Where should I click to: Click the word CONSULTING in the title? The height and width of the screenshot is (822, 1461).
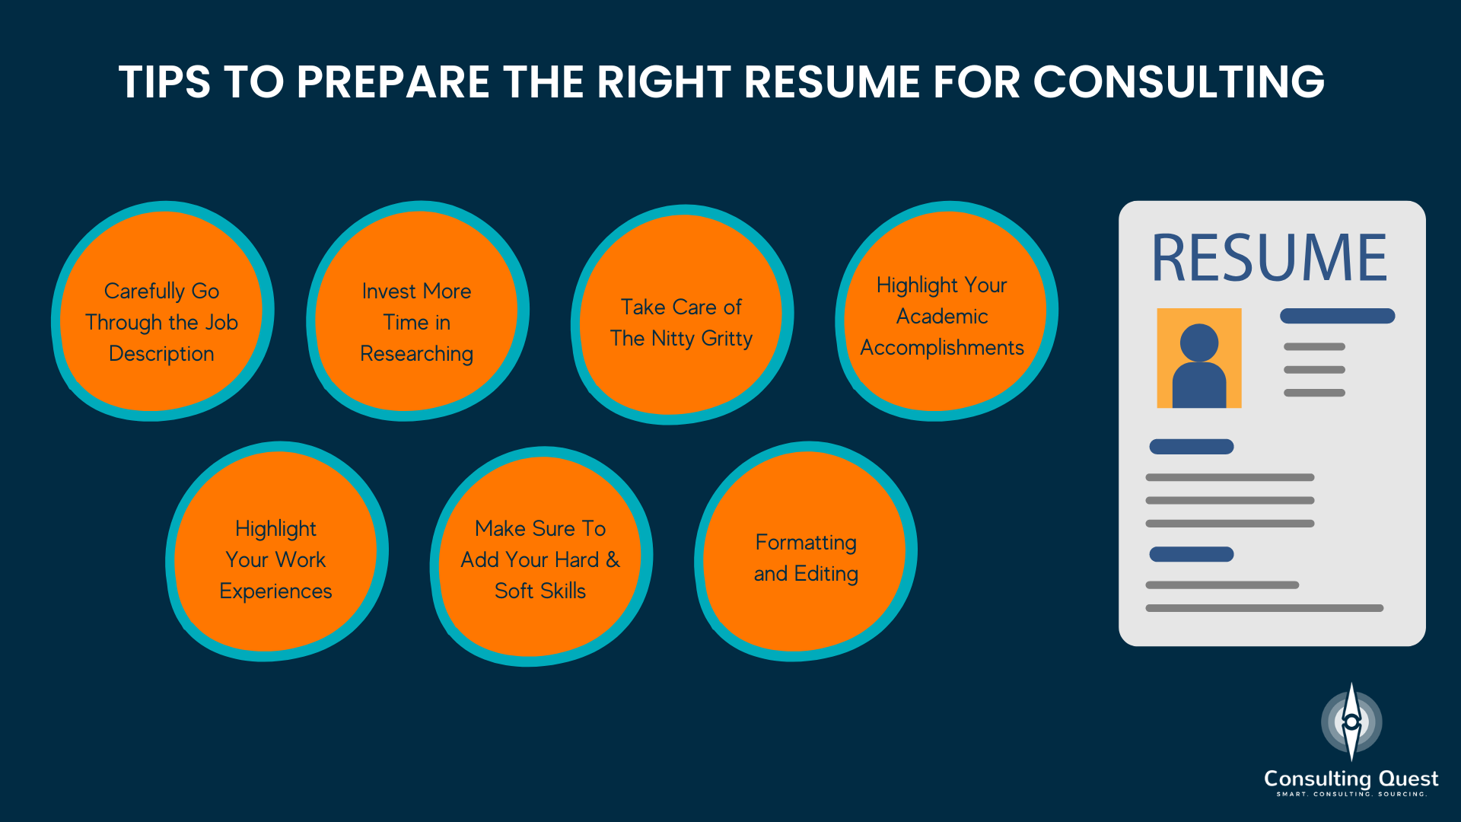pos(1179,81)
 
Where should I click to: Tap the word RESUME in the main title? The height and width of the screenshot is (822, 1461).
pos(832,81)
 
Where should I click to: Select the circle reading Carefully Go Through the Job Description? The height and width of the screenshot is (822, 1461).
pos(162,311)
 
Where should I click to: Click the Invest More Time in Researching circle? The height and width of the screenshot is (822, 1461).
pos(417,311)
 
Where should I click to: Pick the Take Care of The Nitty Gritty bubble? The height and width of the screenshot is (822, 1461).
pos(682,314)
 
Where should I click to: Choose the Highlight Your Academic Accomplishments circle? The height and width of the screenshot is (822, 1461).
pos(946,311)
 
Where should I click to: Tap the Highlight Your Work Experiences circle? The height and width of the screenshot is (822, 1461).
pos(277,551)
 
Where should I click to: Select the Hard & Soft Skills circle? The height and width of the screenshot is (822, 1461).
pos(541,556)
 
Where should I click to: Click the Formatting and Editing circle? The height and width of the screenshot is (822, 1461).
pos(805,551)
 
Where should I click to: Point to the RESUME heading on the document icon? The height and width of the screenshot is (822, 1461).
pos(1269,258)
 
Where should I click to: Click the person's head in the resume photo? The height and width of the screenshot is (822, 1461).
pos(1199,342)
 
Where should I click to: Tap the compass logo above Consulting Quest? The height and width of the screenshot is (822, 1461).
pos(1351,722)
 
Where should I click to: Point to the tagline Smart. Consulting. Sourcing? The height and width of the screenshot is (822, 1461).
pos(1351,795)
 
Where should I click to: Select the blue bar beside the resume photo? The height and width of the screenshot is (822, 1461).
pos(1337,316)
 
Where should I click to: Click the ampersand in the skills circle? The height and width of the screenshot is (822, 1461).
pos(613,559)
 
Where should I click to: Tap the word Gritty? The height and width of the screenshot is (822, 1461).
pos(727,339)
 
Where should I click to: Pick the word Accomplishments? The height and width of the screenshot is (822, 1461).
pos(942,348)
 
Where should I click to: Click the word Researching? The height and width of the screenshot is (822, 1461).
pos(417,354)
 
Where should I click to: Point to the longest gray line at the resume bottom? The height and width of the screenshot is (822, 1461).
pos(1264,608)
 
